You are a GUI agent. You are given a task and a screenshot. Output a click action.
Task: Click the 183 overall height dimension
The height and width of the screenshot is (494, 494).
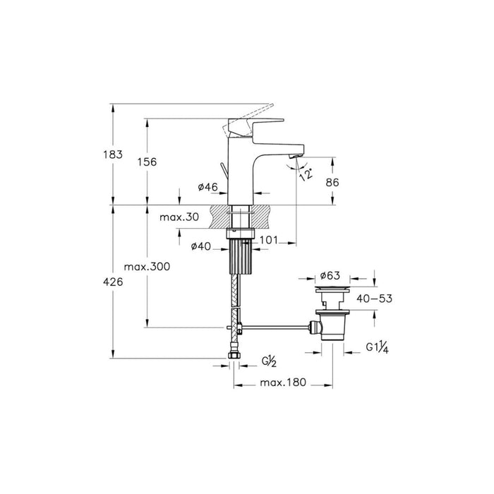113,155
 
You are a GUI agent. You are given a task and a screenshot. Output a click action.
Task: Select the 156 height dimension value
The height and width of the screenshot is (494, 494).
147,162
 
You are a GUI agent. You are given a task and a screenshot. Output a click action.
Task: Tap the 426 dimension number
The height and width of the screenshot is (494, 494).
113,282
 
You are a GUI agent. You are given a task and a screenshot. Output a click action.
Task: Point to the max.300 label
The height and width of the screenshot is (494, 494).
147,267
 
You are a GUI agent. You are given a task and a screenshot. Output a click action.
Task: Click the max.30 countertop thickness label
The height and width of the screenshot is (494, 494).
179,217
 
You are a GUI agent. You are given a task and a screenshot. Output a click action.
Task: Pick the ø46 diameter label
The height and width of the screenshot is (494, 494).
208,187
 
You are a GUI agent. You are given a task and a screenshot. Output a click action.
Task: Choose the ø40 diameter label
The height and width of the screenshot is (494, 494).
200,246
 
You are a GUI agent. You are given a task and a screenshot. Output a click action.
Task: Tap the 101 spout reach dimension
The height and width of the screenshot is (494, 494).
269,240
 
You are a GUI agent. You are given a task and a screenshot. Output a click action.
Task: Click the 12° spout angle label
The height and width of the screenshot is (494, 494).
306,174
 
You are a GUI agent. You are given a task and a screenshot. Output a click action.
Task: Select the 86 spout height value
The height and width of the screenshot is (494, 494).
332,182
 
